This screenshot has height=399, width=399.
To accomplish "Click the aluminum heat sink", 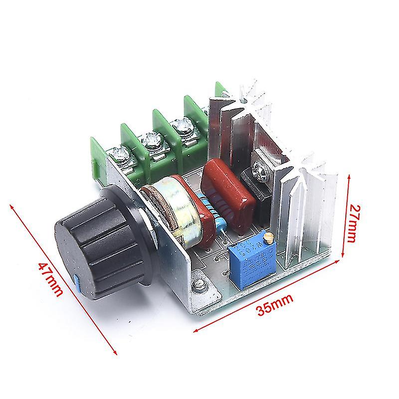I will click(x=299, y=199).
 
